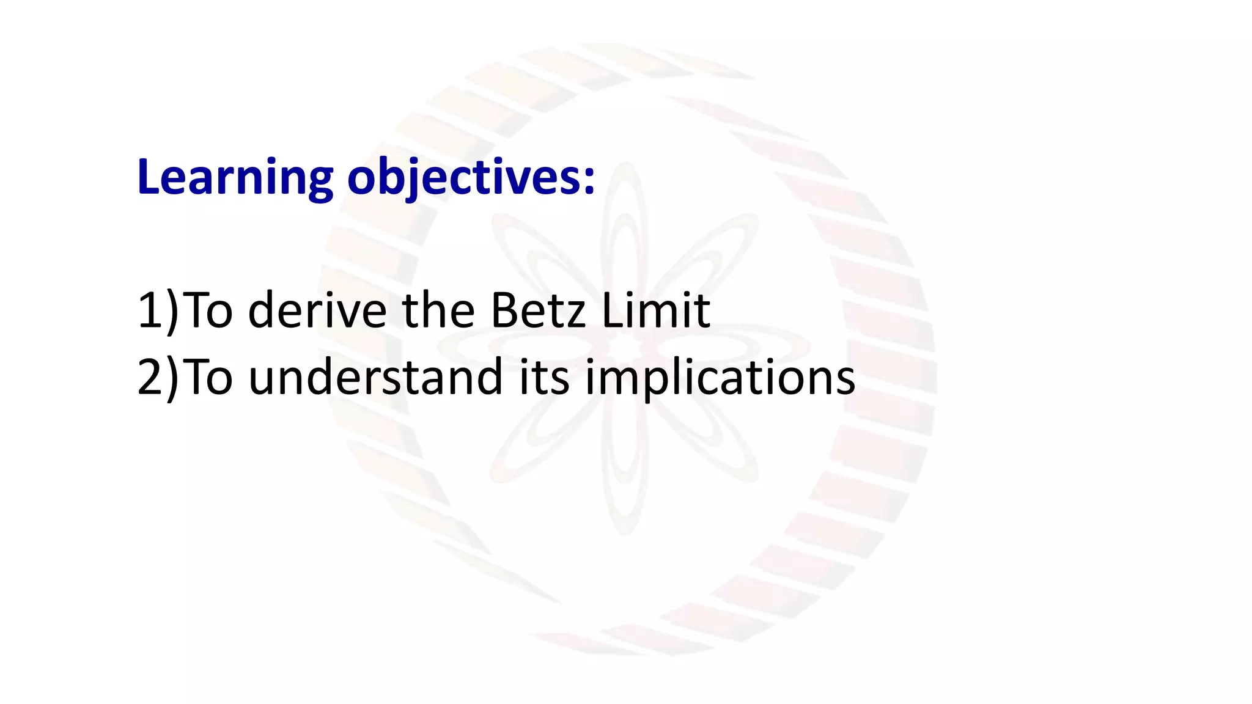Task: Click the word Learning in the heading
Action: [235, 177]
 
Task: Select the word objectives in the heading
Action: [464, 177]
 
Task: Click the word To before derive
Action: [208, 310]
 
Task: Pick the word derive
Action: [317, 310]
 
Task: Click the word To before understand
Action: [208, 377]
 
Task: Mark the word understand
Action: [375, 377]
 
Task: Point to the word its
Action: [544, 377]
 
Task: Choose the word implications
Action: [720, 377]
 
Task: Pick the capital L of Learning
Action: [149, 177]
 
